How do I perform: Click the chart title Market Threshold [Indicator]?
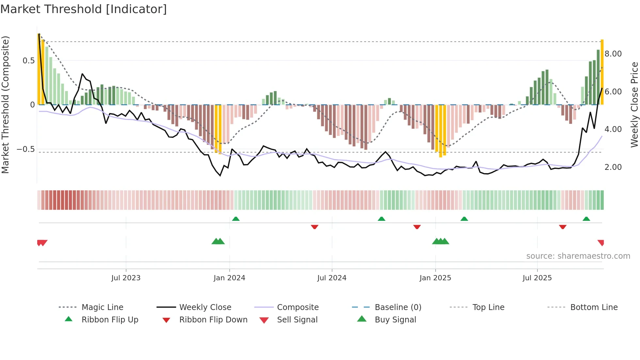pos(84,9)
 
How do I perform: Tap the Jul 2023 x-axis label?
pos(126,278)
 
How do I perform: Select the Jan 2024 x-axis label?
pos(229,278)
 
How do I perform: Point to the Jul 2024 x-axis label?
pos(332,278)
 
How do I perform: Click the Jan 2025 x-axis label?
pos(435,278)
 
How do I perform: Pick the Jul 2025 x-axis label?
pos(537,278)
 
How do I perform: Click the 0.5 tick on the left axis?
pos(29,61)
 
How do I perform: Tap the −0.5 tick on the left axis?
pos(26,149)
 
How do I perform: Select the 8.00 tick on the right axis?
pos(613,54)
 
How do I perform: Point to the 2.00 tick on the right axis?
pos(613,167)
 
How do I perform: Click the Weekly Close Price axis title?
pos(634,105)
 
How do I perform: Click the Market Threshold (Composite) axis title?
pos(5,105)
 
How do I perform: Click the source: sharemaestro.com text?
pos(578,256)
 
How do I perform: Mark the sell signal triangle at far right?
pos(601,242)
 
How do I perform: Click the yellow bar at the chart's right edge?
pos(602,72)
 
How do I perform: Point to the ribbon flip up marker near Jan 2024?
pos(236,219)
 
